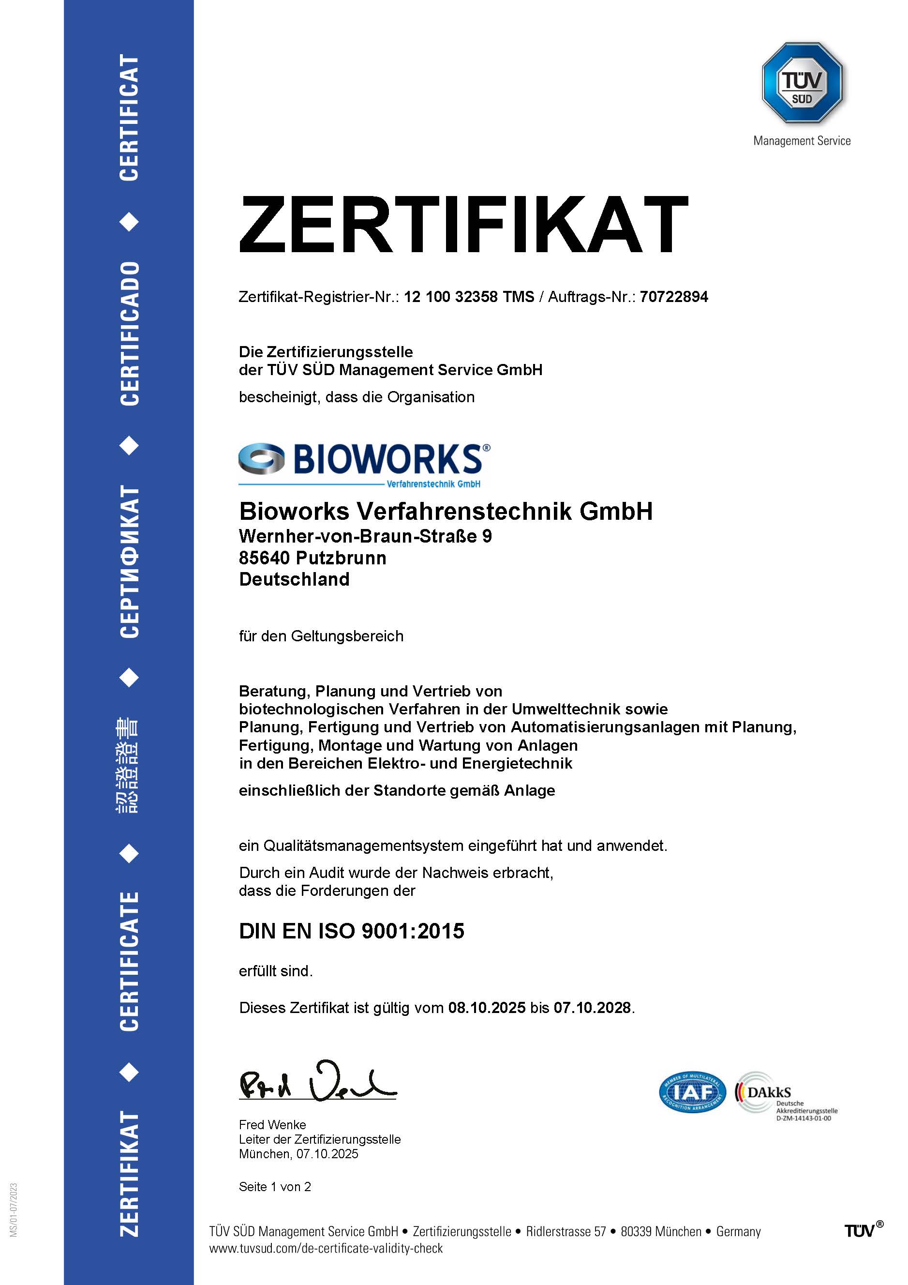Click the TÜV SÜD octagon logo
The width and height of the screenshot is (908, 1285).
click(x=802, y=83)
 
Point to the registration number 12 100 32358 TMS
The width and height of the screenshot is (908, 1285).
click(x=469, y=297)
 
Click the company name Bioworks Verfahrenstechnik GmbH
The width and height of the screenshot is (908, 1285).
click(x=446, y=511)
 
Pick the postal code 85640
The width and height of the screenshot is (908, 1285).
click(x=264, y=558)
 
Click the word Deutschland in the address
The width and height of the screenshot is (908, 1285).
click(x=294, y=579)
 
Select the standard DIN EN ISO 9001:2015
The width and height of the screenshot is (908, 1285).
click(x=351, y=931)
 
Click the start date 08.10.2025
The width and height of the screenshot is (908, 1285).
click(x=487, y=1008)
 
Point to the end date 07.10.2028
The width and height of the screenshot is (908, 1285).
click(x=593, y=1008)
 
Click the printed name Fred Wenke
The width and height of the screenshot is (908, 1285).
click(x=272, y=1125)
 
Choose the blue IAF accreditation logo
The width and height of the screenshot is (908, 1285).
click(x=693, y=1092)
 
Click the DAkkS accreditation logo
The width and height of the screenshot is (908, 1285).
click(x=786, y=1096)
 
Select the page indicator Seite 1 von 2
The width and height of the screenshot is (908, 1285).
click(x=275, y=1187)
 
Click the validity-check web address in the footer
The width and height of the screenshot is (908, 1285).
click(x=326, y=1249)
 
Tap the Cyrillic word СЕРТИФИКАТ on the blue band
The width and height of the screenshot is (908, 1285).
click(x=129, y=561)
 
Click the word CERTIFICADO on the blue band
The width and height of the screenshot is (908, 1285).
click(x=129, y=333)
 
